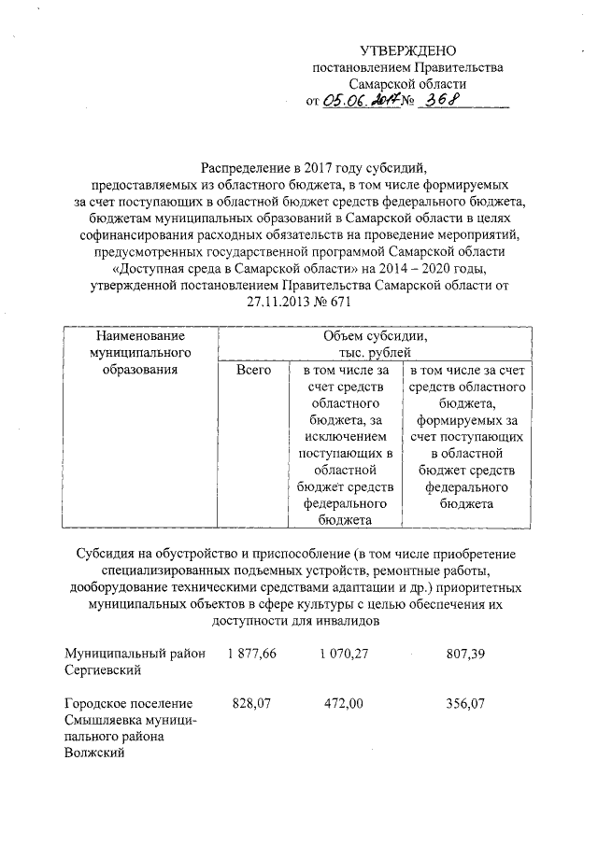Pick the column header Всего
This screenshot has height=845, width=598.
[x=253, y=371]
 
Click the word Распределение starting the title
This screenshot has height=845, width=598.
[x=241, y=168]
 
